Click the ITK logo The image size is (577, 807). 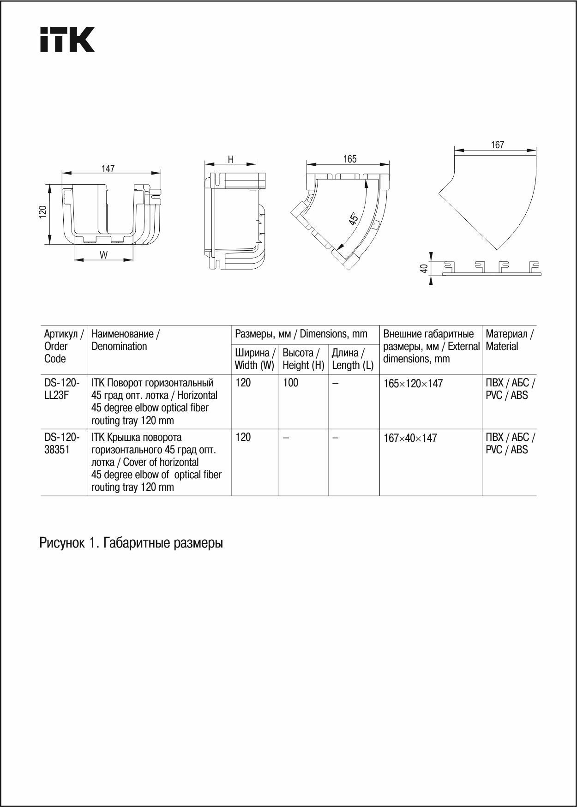click(x=67, y=39)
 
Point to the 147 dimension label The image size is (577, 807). click(x=108, y=169)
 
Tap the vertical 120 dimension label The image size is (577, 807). click(x=42, y=212)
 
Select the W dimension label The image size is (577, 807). click(x=103, y=255)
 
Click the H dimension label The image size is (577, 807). click(x=231, y=159)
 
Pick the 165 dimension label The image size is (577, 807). click(x=350, y=159)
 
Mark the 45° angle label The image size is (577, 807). click(x=354, y=218)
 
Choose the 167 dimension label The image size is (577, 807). click(x=497, y=145)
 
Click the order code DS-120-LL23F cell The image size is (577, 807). click(x=62, y=389)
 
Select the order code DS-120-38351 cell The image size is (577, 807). click(x=62, y=443)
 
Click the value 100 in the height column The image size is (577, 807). click(x=291, y=383)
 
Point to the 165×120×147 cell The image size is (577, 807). click(x=413, y=384)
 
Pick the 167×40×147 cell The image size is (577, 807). click(x=410, y=438)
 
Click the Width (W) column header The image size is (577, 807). click(x=255, y=359)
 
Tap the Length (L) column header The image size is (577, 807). click(x=353, y=359)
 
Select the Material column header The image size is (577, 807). click(x=509, y=340)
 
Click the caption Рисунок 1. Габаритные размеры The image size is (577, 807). click(x=131, y=543)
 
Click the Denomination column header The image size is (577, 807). click(x=126, y=340)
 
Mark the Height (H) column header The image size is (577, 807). click(x=303, y=359)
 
